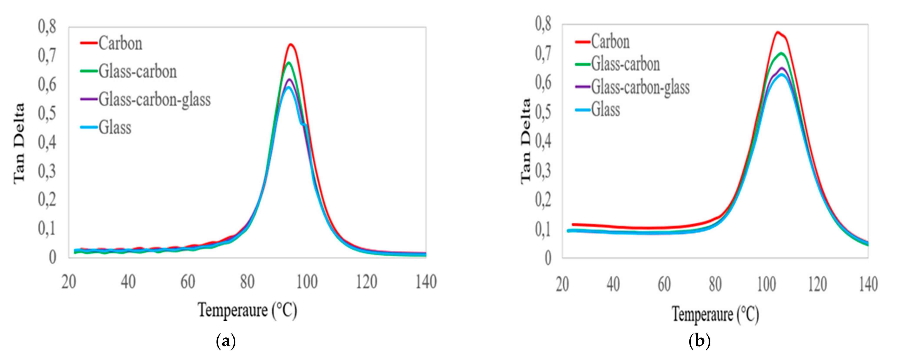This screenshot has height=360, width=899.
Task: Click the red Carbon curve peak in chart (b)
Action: [777, 32]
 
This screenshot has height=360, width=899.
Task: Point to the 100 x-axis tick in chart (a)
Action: [307, 282]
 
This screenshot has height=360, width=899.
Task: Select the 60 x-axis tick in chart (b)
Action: [664, 285]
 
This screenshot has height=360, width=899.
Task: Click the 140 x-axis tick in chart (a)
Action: [426, 282]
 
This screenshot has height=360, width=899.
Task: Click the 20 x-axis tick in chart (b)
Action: [562, 285]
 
